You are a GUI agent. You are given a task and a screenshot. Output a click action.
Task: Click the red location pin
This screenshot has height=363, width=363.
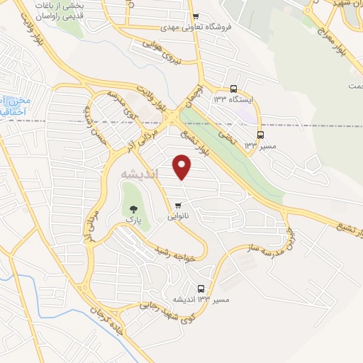[183, 167]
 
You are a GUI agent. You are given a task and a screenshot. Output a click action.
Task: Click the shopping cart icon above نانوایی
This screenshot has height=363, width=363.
[178, 206]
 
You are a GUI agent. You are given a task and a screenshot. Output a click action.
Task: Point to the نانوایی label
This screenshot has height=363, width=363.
[178, 218]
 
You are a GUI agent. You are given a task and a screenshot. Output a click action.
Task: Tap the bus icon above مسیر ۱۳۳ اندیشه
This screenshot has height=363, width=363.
[201, 289]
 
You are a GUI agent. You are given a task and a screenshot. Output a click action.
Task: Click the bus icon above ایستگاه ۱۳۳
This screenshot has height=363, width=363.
[234, 89]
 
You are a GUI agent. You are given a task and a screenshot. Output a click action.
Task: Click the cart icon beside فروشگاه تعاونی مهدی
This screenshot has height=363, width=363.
[196, 16]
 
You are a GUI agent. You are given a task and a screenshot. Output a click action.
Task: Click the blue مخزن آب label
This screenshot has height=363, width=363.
[10, 106]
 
